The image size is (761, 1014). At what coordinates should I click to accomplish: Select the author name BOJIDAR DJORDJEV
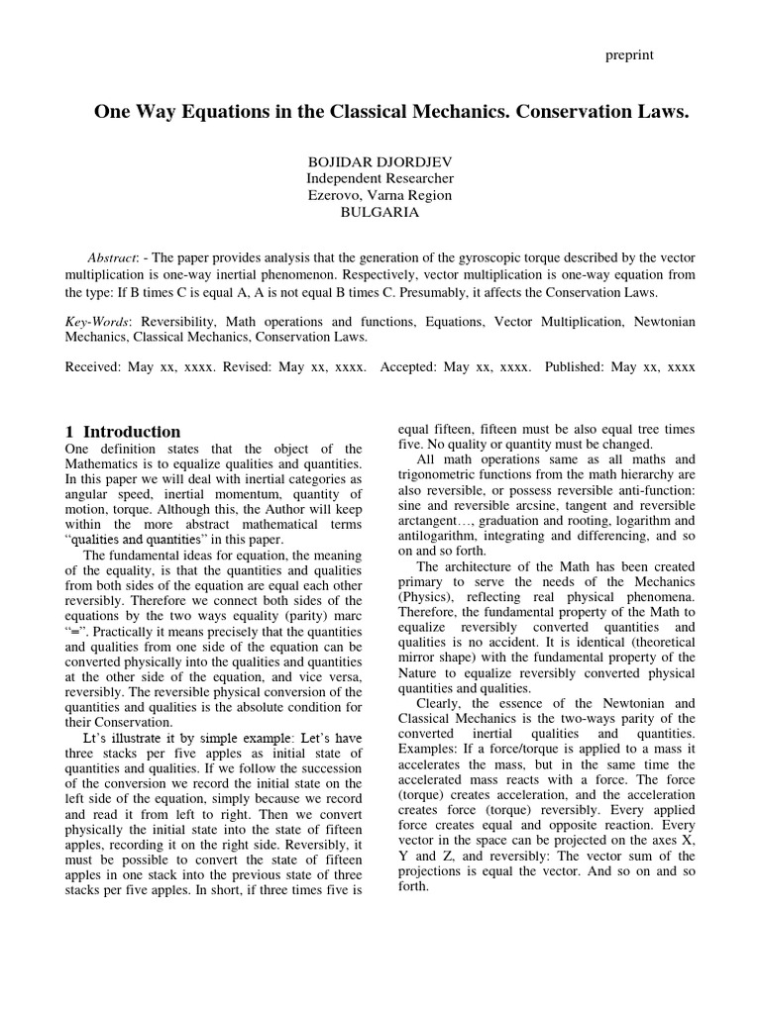pyautogui.click(x=380, y=160)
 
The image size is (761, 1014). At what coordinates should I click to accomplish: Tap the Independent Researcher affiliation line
pyautogui.click(x=380, y=178)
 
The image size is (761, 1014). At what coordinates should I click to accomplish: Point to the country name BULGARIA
pyautogui.click(x=380, y=212)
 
